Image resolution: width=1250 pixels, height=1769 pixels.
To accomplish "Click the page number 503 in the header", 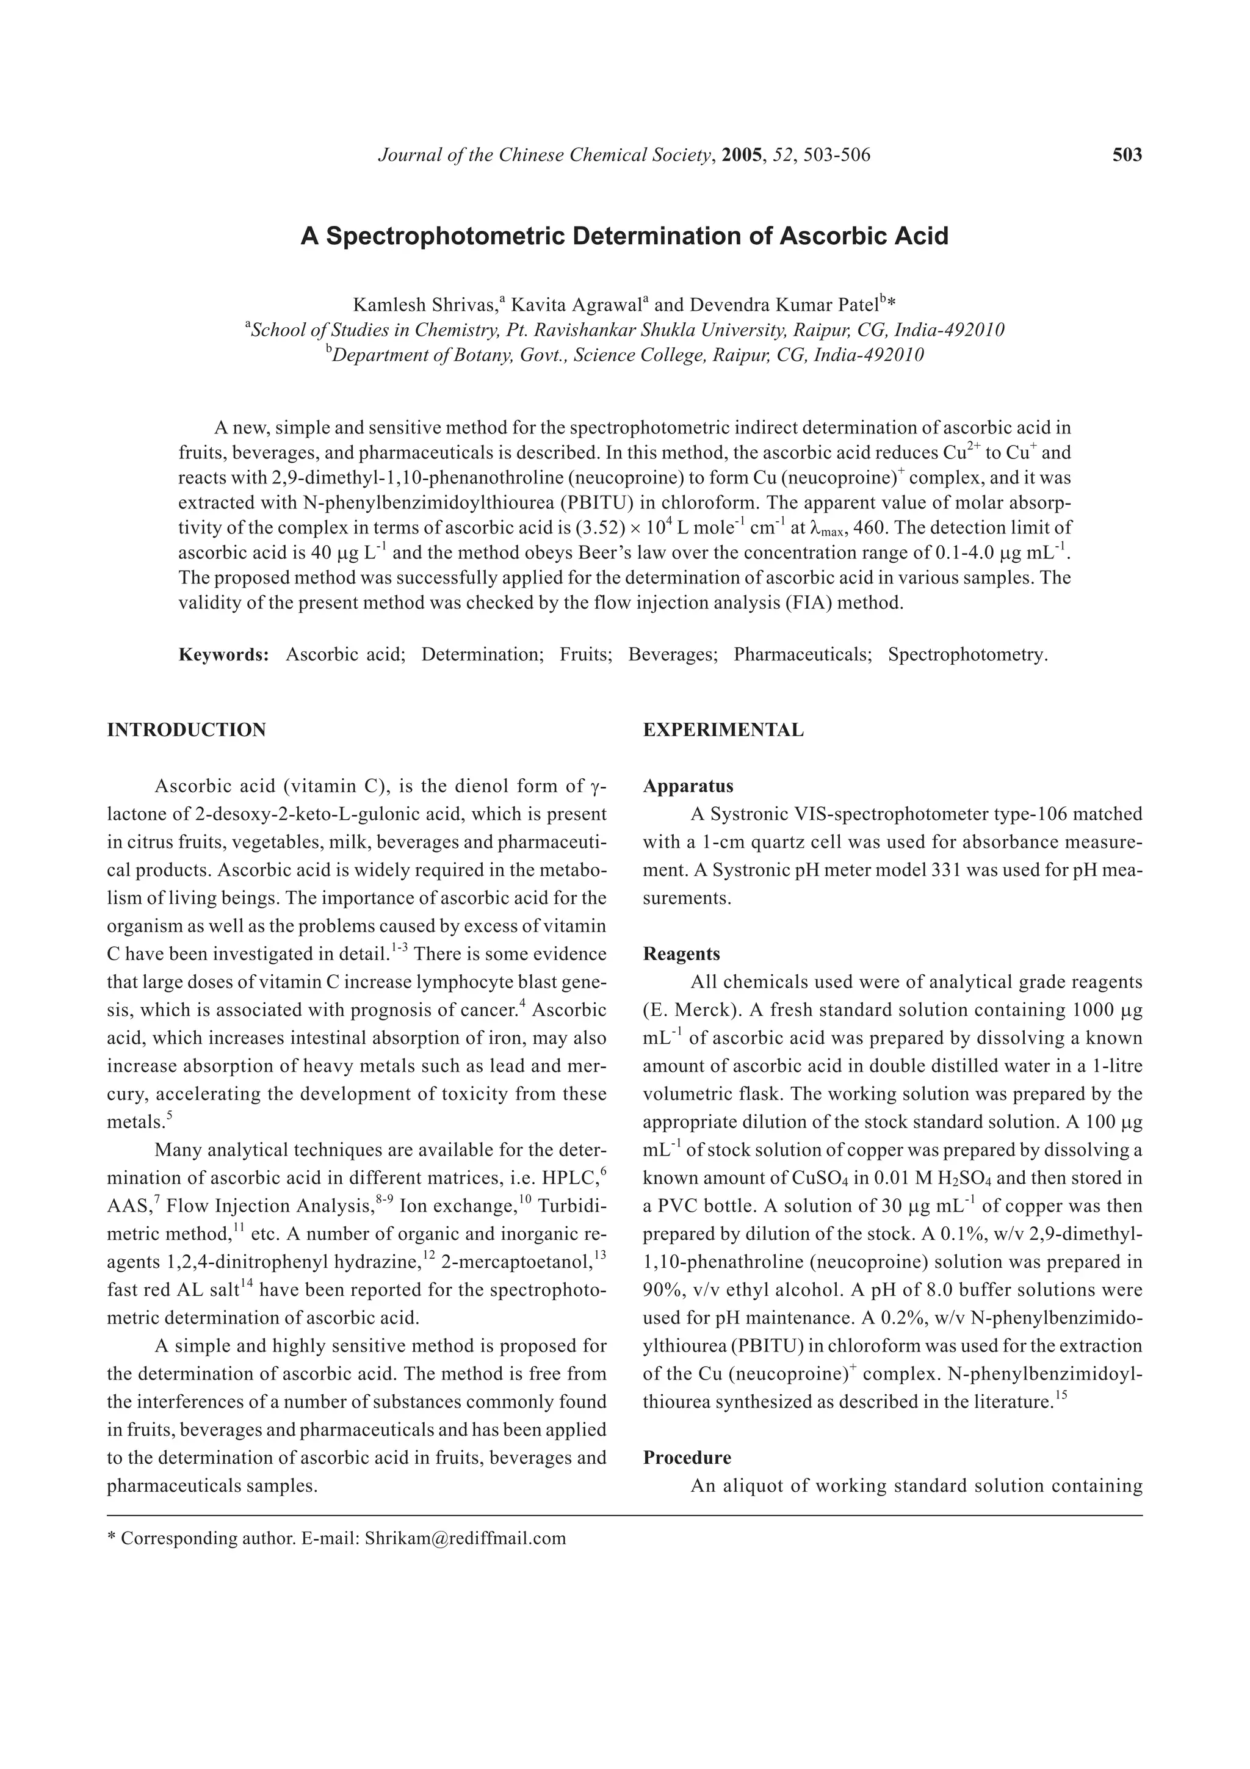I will tap(1127, 155).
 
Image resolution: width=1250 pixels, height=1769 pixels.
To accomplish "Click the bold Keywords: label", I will tap(223, 655).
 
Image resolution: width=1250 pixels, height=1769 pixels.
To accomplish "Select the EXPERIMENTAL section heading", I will tap(723, 729).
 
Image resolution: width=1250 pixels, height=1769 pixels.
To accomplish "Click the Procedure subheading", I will tap(687, 1458).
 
